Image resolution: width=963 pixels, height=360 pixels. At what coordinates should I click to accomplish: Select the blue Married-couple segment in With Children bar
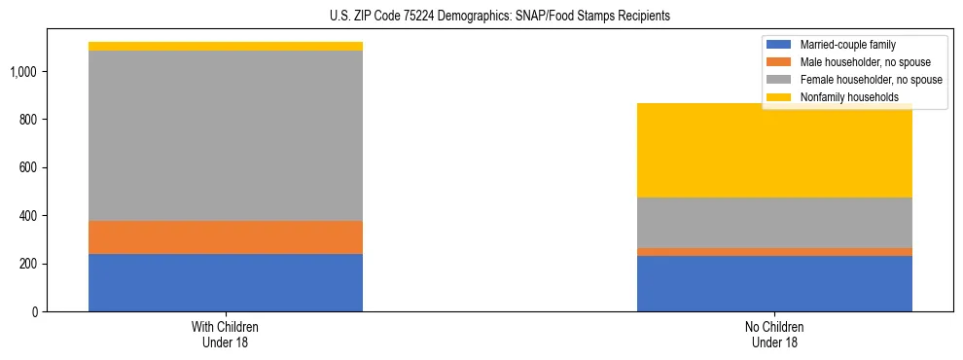pos(226,282)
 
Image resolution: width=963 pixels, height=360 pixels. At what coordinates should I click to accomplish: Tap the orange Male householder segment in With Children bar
pos(226,237)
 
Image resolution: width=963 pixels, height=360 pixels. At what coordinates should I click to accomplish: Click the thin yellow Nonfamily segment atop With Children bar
pos(226,46)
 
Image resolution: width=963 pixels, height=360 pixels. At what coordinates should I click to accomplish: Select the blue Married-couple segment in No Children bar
pos(774,283)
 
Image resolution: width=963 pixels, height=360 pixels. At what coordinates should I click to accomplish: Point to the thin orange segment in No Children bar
pos(774,252)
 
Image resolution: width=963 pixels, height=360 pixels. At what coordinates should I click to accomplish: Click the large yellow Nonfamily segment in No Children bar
pos(774,151)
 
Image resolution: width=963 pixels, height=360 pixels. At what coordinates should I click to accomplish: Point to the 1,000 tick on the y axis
pos(24,72)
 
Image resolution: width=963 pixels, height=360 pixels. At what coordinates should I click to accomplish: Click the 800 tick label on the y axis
pos(29,120)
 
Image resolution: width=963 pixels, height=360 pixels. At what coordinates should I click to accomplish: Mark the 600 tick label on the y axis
pos(29,167)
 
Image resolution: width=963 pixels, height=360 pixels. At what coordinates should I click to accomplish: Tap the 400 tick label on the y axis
pos(29,216)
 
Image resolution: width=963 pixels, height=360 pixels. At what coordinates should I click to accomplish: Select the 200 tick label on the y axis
pos(29,264)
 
